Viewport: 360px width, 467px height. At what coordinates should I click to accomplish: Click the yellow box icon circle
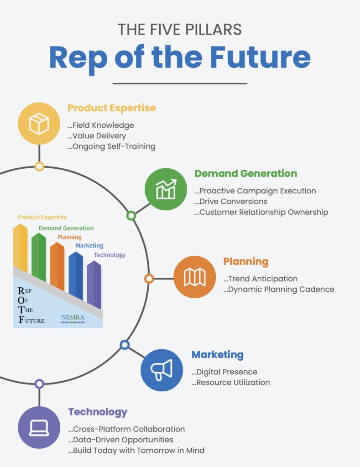[x=39, y=124]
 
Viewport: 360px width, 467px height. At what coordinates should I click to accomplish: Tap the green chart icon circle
[x=166, y=189]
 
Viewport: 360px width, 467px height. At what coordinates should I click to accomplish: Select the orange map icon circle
[x=195, y=277]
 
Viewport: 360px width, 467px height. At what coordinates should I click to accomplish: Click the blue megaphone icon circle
[x=162, y=370]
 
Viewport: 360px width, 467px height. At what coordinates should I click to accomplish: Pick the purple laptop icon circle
[x=39, y=427]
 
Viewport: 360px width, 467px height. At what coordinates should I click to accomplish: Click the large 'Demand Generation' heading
[x=246, y=173]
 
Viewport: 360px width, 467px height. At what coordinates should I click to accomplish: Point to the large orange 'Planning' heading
[x=246, y=261]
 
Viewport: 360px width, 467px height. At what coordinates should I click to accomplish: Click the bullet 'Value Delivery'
[x=97, y=136]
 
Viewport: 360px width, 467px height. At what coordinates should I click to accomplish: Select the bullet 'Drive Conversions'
[x=231, y=201]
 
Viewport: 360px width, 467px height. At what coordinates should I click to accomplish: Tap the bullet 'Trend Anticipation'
[x=261, y=279]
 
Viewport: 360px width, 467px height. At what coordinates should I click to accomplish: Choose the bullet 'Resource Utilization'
[x=231, y=383]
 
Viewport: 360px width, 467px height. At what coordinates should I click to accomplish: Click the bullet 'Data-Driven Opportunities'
[x=121, y=440]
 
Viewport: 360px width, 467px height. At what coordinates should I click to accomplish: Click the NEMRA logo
[x=73, y=319]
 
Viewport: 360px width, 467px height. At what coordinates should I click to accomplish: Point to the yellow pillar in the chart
[x=20, y=248]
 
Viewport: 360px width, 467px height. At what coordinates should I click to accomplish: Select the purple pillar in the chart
[x=94, y=285]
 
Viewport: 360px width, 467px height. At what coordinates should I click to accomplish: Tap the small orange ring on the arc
[x=149, y=279]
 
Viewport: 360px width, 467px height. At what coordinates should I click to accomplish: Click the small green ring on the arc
[x=131, y=215]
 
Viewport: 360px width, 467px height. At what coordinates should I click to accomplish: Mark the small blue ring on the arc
[x=125, y=345]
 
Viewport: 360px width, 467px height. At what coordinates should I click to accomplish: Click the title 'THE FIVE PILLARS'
[x=180, y=30]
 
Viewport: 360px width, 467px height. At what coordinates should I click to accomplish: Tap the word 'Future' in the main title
[x=261, y=57]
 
